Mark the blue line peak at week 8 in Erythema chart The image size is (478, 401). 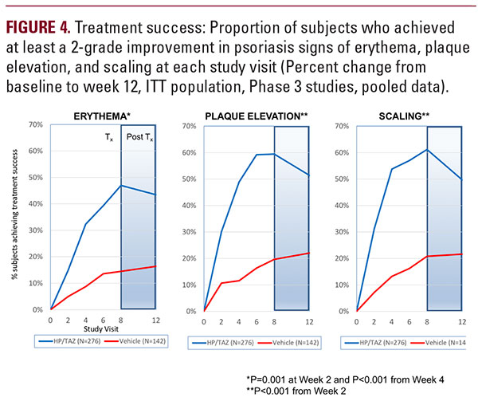(120, 186)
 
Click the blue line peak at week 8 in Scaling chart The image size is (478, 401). (427, 150)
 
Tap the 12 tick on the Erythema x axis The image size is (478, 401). (154, 318)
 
